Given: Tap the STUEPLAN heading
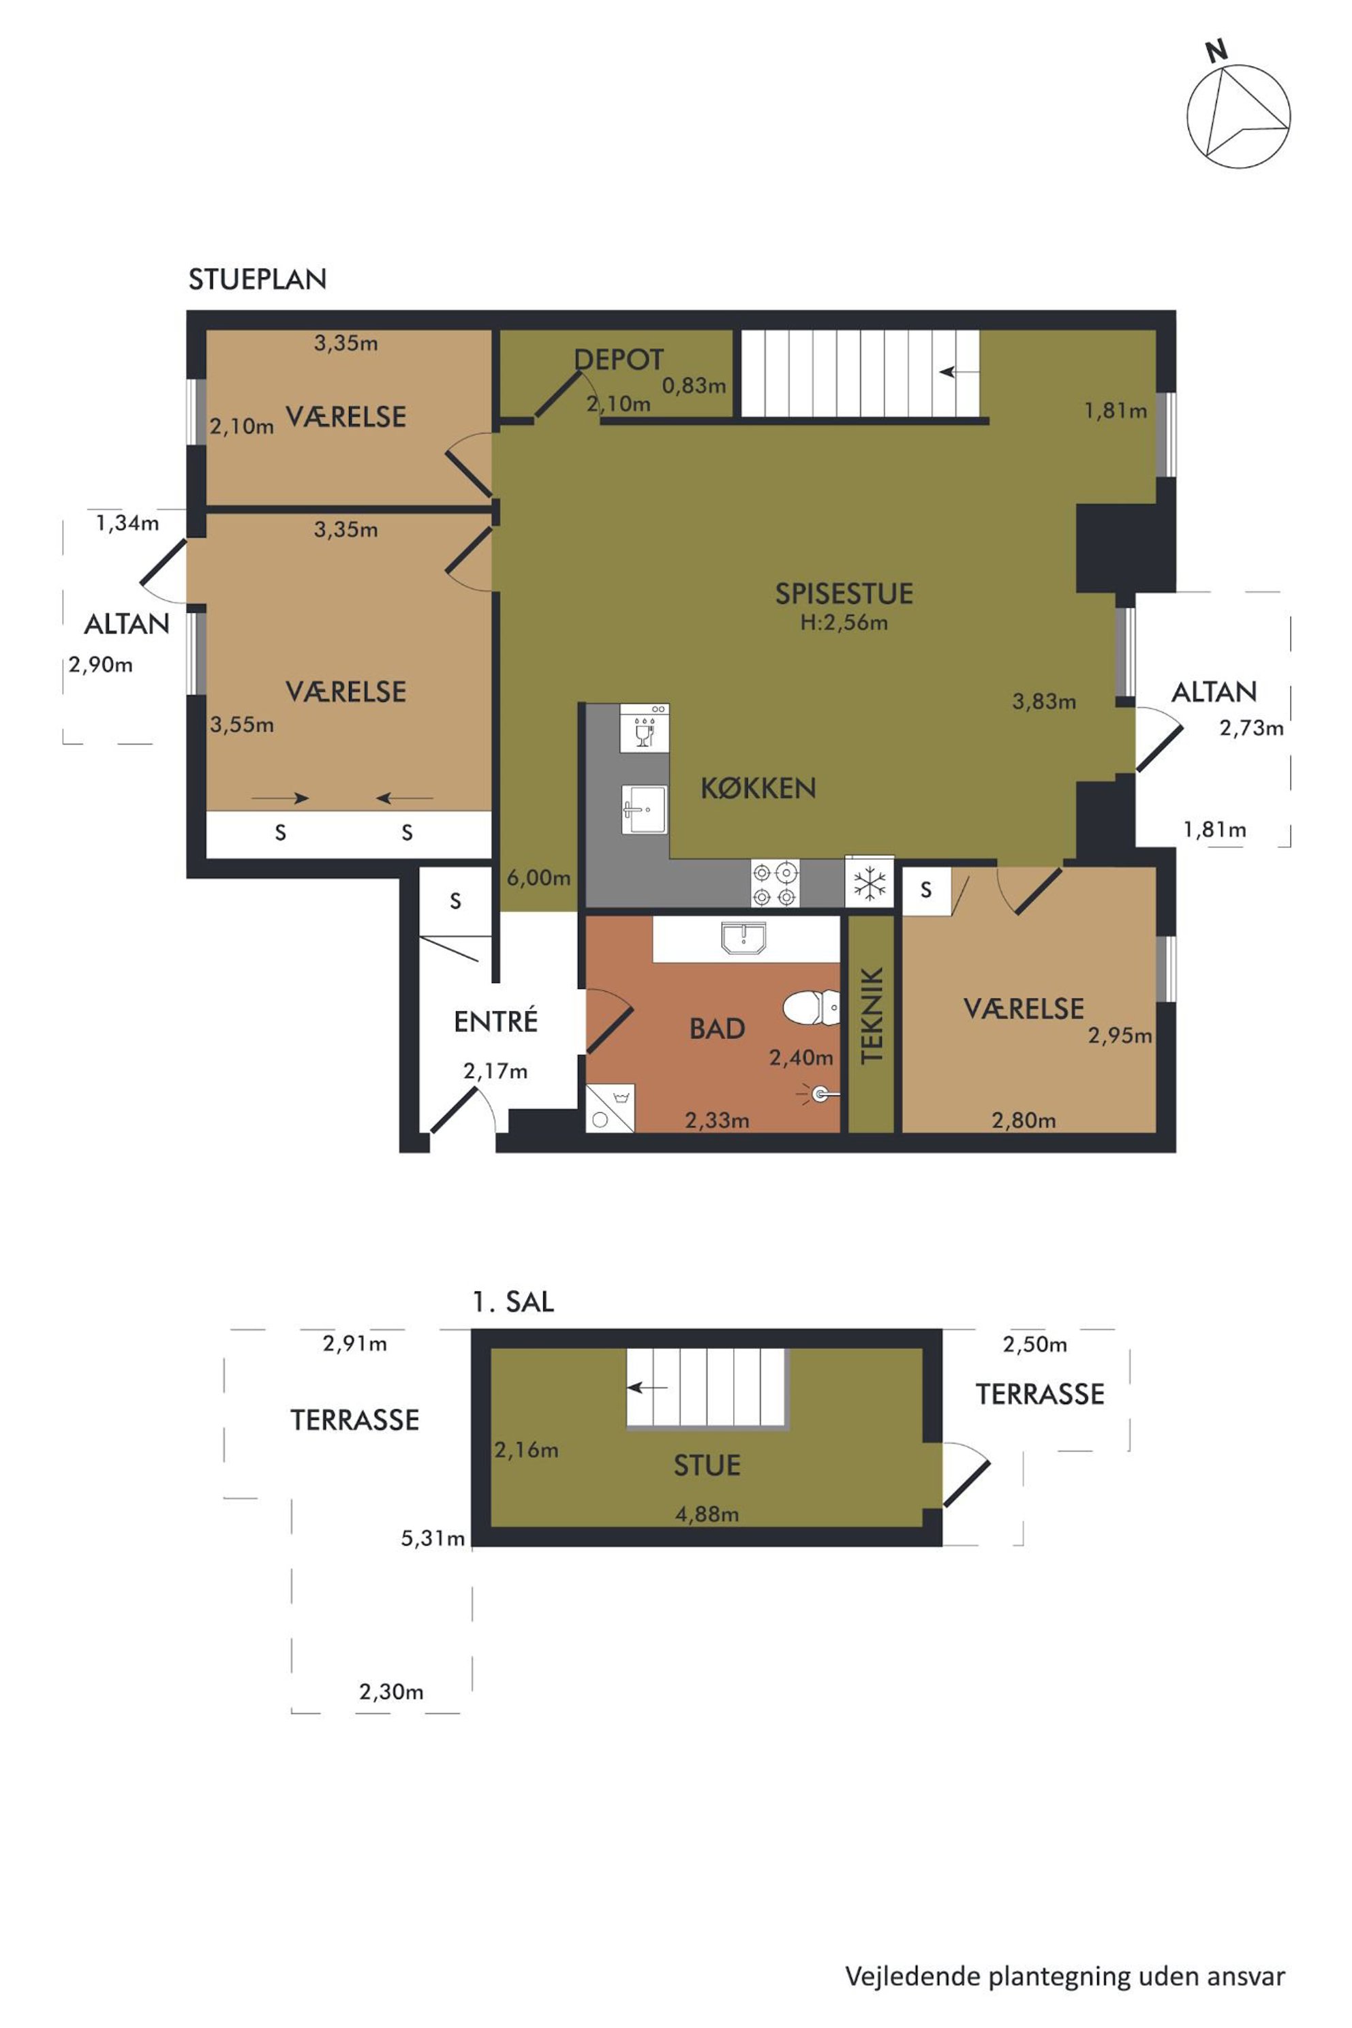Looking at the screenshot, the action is coord(257,279).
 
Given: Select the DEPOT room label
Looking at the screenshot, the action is coord(619,360).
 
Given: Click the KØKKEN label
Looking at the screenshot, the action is coord(758,787).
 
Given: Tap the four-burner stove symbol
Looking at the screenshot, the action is coord(774,884).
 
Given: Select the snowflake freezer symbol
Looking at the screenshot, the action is coord(869,883).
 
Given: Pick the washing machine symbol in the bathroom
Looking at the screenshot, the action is coord(611,1108).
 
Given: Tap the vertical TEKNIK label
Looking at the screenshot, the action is coord(872,1014).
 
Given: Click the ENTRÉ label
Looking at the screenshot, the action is coord(496,1021).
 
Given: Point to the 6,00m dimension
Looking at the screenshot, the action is coord(538,878).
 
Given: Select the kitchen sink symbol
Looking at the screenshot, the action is coord(644,809).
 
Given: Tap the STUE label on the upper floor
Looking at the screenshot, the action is coord(707,1465).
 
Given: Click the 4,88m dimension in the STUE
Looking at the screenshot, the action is coord(707,1514).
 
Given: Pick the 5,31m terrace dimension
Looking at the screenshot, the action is coord(433,1538).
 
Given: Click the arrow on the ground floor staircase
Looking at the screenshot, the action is coord(959,373).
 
